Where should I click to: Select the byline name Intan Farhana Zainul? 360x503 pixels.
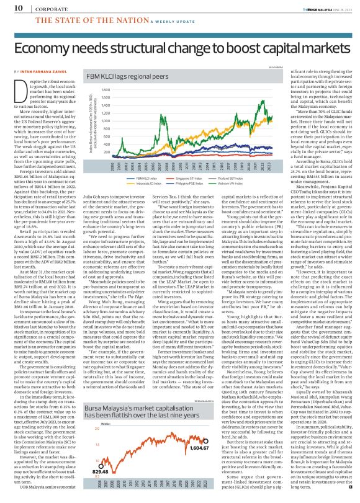click(42, 73)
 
